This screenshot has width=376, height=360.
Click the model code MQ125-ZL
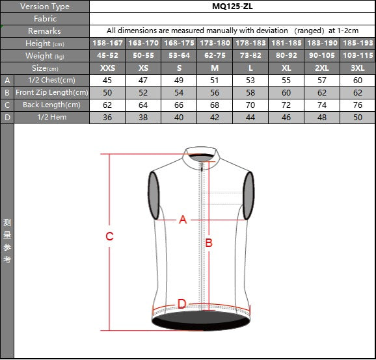tap(232, 6)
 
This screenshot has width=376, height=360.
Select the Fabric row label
tap(45, 19)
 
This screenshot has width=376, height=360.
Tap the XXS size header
tap(107, 68)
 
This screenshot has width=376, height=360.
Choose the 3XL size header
tap(358, 68)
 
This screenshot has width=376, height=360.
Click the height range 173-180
tap(215, 43)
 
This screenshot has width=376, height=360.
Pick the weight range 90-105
tap(322, 56)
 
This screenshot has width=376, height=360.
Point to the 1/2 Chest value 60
tap(358, 81)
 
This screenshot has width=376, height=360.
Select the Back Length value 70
tap(250, 105)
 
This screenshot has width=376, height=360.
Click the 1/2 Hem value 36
tap(107, 118)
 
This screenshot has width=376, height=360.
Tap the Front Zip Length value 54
tap(179, 93)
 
